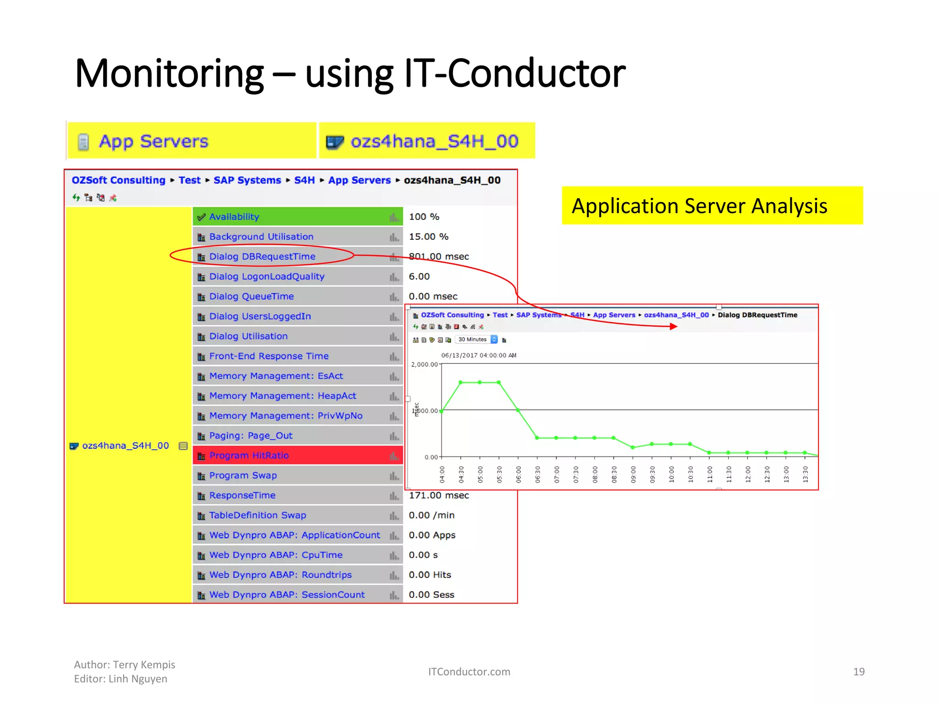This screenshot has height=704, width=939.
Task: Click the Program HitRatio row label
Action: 249,456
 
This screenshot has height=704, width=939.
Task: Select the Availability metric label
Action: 234,217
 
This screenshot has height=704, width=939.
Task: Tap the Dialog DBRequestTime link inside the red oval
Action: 262,257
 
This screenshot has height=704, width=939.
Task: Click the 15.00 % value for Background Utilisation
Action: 428,237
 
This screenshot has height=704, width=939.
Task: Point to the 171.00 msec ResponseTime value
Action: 438,495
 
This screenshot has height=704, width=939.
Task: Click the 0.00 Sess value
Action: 431,595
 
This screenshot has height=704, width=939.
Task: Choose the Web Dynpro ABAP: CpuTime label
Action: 276,555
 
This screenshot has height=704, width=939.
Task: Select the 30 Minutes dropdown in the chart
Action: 477,340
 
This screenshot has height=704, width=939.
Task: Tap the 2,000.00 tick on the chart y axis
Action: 425,365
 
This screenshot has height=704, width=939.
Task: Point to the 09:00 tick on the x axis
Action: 633,474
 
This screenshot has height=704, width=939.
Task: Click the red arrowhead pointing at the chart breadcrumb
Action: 673,326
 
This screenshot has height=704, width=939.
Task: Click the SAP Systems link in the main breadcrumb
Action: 247,181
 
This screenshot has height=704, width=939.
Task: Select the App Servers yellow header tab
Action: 153,142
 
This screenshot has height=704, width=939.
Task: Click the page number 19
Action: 858,672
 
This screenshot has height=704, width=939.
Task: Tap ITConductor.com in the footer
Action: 469,672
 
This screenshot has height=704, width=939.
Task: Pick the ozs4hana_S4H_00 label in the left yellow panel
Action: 125,446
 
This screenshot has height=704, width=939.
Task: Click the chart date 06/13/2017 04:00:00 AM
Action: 478,355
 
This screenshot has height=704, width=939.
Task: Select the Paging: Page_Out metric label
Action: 250,436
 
